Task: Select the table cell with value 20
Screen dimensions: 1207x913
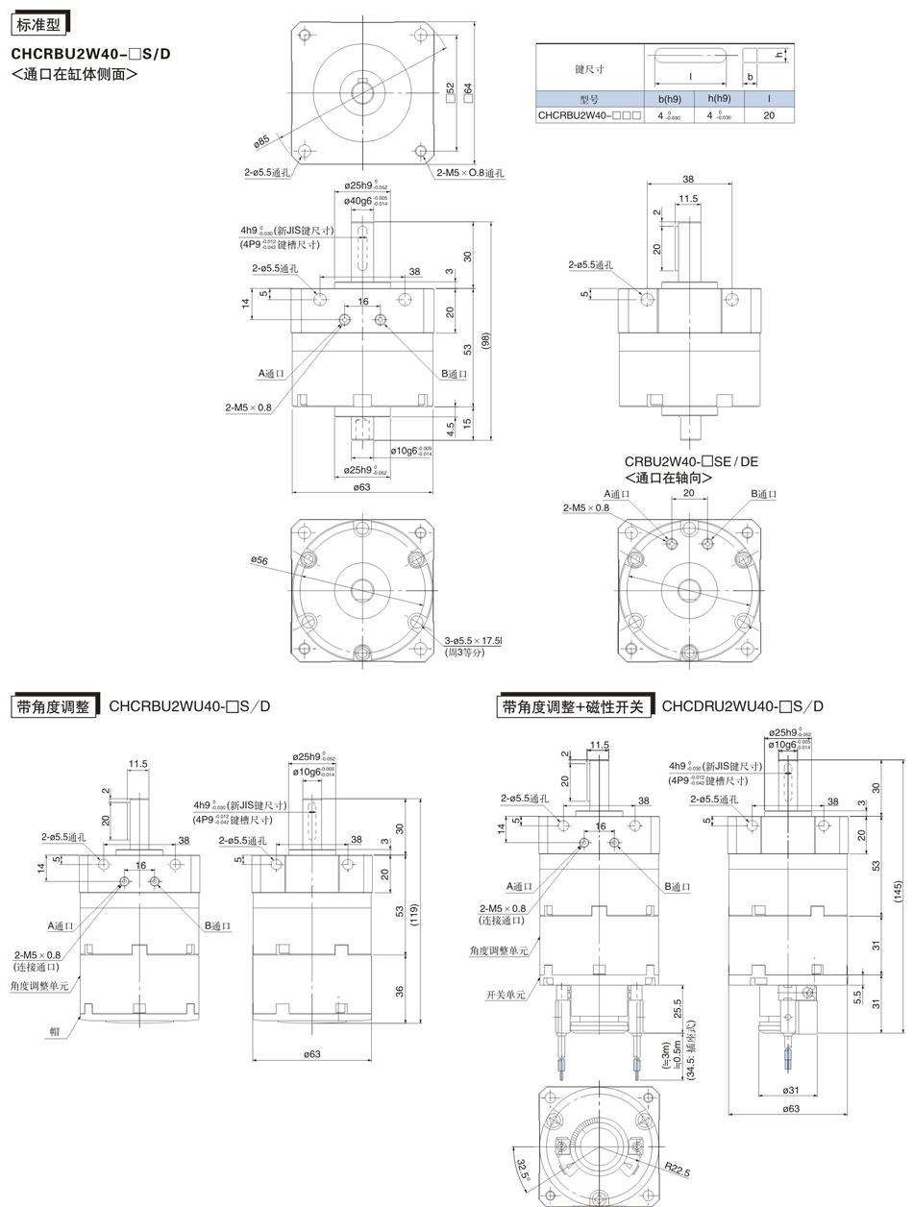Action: click(x=768, y=115)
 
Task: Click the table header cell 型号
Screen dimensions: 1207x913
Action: click(x=588, y=98)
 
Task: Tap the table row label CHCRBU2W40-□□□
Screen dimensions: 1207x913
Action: click(x=588, y=115)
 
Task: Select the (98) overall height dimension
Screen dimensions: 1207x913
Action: click(x=486, y=341)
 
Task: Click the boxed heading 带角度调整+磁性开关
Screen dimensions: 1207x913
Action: click(x=575, y=706)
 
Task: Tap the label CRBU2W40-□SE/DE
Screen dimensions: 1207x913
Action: click(x=691, y=461)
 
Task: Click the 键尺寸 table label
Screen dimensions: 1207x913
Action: click(x=588, y=69)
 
